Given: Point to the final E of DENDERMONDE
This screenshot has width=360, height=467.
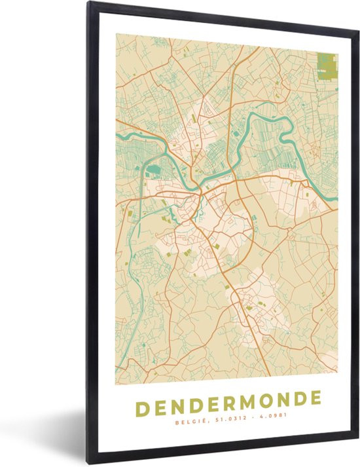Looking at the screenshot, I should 315,398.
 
